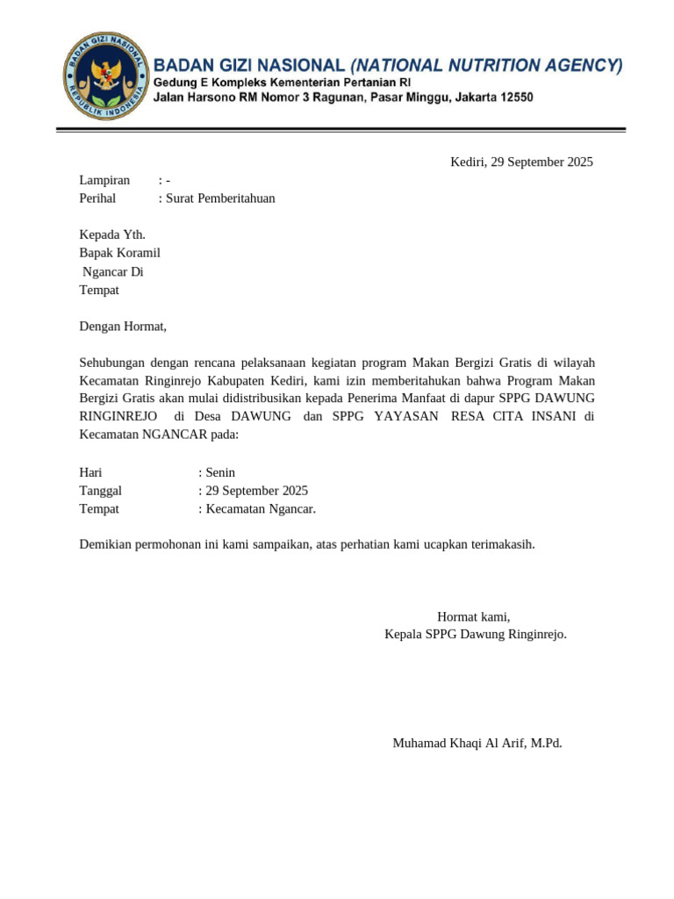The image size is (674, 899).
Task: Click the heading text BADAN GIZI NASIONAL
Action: click(249, 65)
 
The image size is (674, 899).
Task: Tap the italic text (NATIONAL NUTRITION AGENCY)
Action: click(486, 65)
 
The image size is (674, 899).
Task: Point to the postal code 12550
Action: click(516, 97)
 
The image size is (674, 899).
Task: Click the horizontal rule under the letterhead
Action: click(341, 131)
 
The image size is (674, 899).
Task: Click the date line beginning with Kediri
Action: click(521, 162)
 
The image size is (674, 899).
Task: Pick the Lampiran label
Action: click(104, 180)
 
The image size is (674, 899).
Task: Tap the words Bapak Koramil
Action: click(119, 253)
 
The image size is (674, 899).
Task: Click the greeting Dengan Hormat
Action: click(123, 327)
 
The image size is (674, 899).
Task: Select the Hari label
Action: click(91, 472)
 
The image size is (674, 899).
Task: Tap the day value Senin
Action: click(220, 472)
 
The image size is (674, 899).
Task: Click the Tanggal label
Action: click(101, 491)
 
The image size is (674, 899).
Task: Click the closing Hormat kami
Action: click(473, 616)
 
